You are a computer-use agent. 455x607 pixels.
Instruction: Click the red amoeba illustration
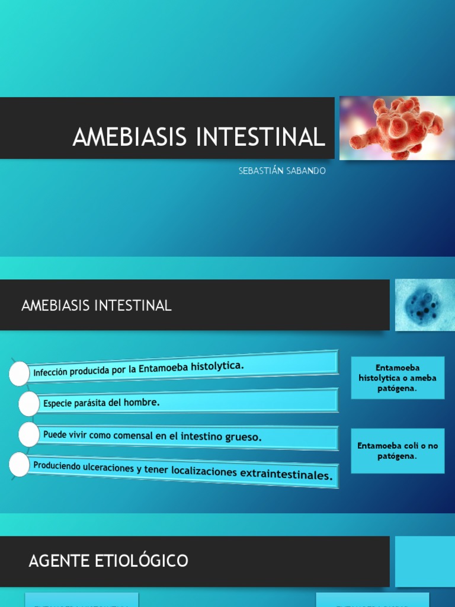pyautogui.click(x=396, y=128)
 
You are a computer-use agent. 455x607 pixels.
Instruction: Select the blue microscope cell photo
pyautogui.click(x=424, y=305)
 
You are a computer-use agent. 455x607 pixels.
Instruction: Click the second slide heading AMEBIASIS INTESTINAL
pyautogui.click(x=97, y=306)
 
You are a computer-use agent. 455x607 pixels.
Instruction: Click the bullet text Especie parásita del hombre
pyautogui.click(x=101, y=402)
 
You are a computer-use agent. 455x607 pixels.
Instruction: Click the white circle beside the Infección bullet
pyautogui.click(x=19, y=373)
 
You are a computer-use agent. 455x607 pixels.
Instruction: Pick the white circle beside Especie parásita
pyautogui.click(x=28, y=404)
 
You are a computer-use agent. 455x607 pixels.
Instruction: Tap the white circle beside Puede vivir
pyautogui.click(x=28, y=435)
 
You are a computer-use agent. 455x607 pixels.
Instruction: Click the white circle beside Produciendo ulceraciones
pyautogui.click(x=19, y=465)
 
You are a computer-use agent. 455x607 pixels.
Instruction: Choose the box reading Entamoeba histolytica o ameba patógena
pyautogui.click(x=398, y=378)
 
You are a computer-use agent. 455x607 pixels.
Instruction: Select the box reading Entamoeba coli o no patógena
pyautogui.click(x=398, y=451)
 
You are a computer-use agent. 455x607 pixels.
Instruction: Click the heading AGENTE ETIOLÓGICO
pyautogui.click(x=108, y=560)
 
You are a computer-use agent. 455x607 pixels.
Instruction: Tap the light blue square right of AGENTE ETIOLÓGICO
pyautogui.click(x=425, y=561)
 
